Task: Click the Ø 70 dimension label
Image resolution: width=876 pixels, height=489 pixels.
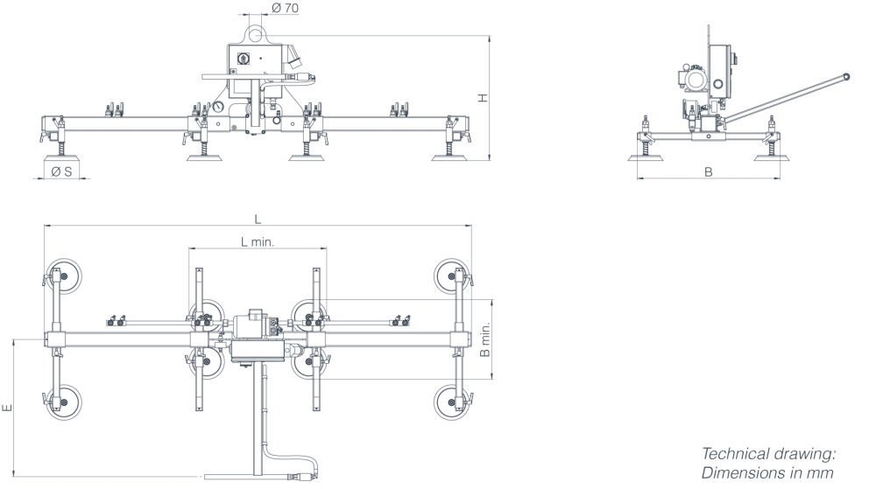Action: (285, 8)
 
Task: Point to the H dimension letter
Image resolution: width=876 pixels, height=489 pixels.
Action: (484, 98)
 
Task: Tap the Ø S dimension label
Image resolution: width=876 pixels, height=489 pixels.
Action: (61, 171)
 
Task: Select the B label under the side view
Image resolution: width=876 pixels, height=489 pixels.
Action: (709, 171)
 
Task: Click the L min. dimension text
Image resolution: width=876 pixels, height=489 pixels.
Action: (258, 241)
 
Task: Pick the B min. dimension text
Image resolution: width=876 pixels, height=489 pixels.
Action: (485, 339)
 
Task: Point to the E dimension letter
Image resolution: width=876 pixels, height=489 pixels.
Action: (7, 409)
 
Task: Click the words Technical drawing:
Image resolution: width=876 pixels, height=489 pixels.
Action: (769, 453)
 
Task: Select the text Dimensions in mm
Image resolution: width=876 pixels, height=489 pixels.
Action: (767, 473)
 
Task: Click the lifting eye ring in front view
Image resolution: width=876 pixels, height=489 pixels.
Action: (257, 33)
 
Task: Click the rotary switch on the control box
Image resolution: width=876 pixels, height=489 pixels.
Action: (243, 58)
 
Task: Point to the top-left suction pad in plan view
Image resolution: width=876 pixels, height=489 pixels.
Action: (62, 276)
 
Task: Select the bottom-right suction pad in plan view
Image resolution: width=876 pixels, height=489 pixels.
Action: (453, 402)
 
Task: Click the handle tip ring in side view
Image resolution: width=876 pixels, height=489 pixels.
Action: (846, 76)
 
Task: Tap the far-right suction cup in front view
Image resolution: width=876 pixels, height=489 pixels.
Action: (450, 157)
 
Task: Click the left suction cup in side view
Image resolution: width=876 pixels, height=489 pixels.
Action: (646, 157)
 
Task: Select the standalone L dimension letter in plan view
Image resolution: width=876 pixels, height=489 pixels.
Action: (258, 219)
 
